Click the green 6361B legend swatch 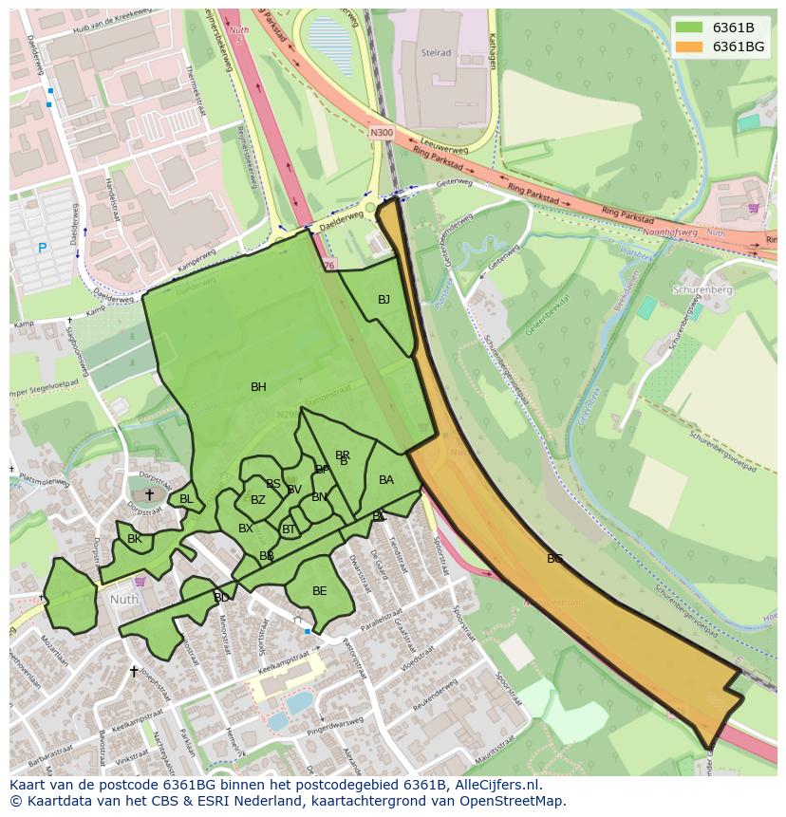click(688, 28)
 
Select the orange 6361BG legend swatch click(688, 46)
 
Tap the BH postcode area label click(258, 387)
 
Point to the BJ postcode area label click(384, 300)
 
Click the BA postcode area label click(385, 480)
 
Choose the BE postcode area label click(319, 591)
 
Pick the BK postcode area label click(134, 539)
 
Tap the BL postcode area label click(186, 499)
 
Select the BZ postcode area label click(257, 500)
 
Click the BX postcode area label click(245, 529)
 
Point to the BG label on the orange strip click(554, 559)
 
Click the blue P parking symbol click(42, 249)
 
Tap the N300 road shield click(382, 133)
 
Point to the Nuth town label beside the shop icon click(123, 600)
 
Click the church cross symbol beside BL click(149, 494)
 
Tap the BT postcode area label click(289, 529)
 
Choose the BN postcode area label click(319, 497)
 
